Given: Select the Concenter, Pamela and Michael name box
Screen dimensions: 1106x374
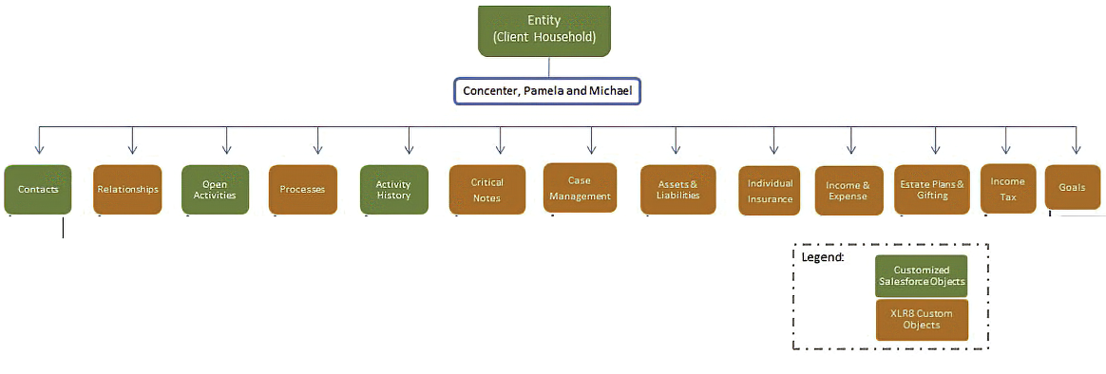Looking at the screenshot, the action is click(546, 91).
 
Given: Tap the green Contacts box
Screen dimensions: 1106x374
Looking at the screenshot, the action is click(37, 190).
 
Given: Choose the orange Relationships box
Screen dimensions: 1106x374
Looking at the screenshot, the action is click(127, 190).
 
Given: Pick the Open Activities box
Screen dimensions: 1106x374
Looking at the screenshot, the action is click(215, 190).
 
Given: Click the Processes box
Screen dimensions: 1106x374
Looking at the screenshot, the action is click(302, 190).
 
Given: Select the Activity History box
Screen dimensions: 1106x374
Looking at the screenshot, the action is click(393, 190).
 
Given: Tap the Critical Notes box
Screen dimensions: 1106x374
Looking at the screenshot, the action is click(486, 190).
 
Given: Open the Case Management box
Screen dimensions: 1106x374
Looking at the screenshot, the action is click(580, 188).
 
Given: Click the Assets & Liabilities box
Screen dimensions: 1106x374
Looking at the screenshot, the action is click(677, 190).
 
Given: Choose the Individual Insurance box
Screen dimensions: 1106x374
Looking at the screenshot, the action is click(771, 190).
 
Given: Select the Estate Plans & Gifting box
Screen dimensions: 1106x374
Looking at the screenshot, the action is click(932, 190).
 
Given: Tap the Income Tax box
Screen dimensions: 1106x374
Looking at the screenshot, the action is click(1008, 188).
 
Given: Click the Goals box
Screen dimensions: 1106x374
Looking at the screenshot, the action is click(1072, 187).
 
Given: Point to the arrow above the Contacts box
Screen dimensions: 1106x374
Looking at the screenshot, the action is click(40, 140).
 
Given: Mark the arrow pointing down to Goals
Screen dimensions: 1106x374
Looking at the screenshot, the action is click(1076, 140).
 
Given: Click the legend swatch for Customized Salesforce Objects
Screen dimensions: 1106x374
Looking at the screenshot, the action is click(922, 276).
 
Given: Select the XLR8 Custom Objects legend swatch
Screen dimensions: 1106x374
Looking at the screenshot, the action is click(922, 321).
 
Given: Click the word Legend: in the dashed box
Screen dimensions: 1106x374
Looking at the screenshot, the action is click(823, 257).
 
